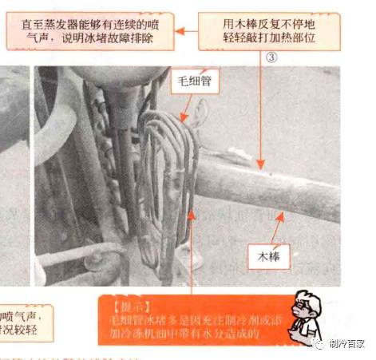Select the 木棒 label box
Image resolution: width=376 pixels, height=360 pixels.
click(271, 258)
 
